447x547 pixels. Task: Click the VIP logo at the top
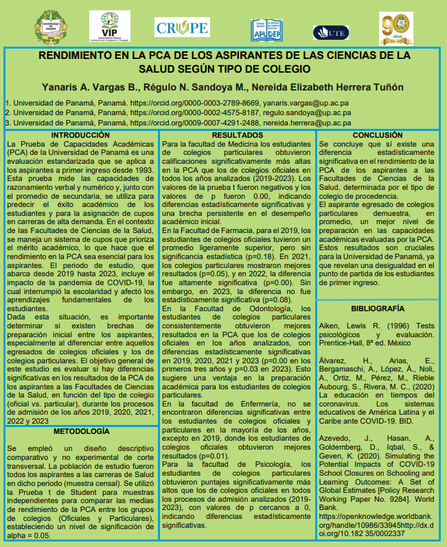[114, 27]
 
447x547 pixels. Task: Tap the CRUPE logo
[182, 28]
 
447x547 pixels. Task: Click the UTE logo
[331, 32]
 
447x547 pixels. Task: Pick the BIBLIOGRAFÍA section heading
[377, 308]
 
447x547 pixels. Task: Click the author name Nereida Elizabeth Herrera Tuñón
[330, 86]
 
